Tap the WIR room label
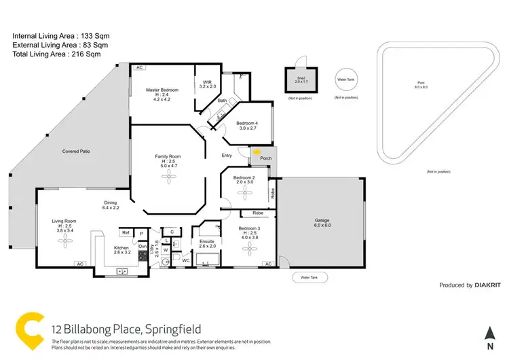coord(206,84)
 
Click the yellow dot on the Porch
coord(256,153)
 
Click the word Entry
coord(227,156)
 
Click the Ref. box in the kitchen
coord(126,232)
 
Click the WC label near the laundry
coord(185,260)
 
